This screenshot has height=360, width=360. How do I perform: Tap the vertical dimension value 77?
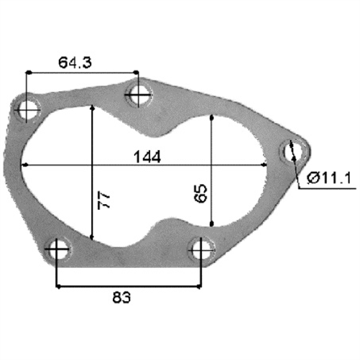coord(105,200)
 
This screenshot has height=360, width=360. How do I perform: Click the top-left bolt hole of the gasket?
coord(28,109)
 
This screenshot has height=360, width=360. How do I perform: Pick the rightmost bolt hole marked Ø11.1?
coord(292,150)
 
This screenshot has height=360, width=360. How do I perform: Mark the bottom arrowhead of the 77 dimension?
coord(93,237)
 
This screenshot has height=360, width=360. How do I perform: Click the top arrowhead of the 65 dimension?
coord(211,118)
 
